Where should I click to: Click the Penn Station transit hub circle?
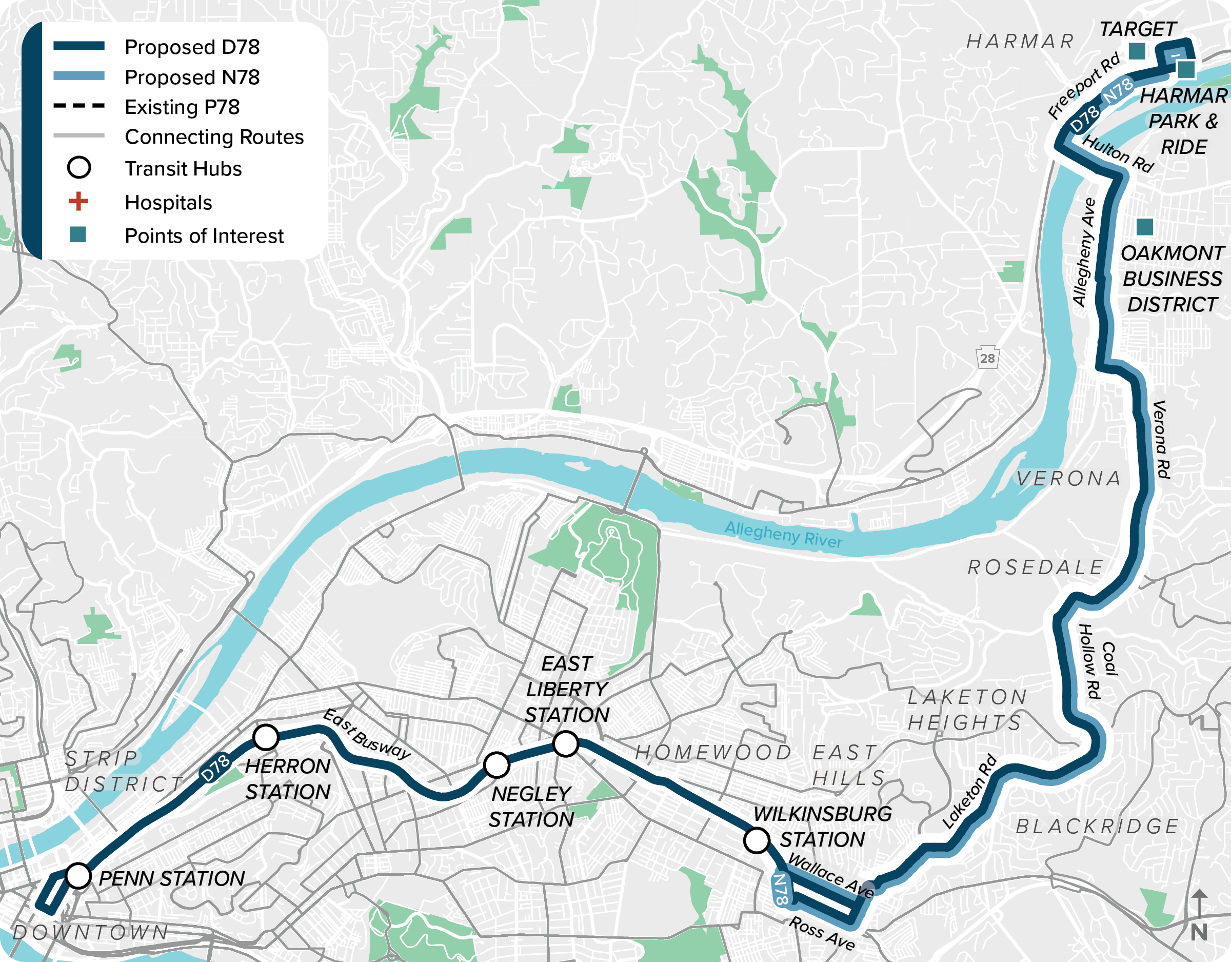tap(78, 876)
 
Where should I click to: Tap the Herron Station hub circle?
tap(266, 737)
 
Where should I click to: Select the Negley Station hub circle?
tap(497, 764)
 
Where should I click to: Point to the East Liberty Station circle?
tap(566, 744)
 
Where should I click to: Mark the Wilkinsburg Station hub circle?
tap(757, 840)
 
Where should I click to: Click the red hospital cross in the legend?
tap(78, 201)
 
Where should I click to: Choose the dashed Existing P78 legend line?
tap(79, 106)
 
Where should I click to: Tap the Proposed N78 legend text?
tap(192, 77)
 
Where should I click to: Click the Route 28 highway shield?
tap(987, 358)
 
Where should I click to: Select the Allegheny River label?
tap(783, 534)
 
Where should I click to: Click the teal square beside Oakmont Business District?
tap(1144, 227)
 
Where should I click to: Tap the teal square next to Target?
tap(1137, 51)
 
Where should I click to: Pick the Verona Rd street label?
tap(1161, 439)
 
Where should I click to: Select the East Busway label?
tap(366, 734)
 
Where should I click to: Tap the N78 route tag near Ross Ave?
tap(781, 889)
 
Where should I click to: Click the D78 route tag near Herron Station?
tap(215, 767)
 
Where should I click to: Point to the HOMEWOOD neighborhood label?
tap(713, 752)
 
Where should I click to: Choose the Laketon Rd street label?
tap(969, 792)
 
